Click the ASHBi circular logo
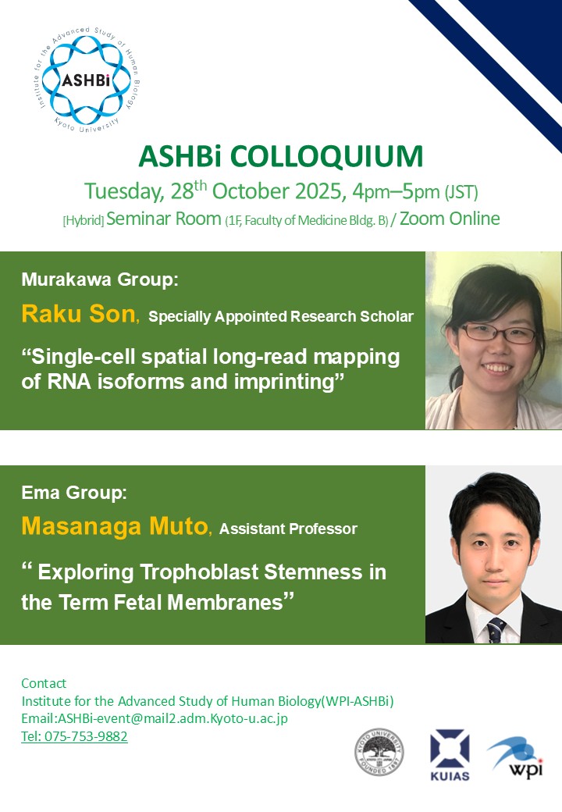coord(86,80)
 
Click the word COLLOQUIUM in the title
coord(326,157)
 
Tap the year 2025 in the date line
coord(318,191)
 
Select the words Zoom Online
coord(450,219)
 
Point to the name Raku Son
coord(78,314)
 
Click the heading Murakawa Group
coord(99,280)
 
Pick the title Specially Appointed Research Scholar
coord(281,316)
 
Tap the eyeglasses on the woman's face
coord(497,333)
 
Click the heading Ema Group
coord(74,493)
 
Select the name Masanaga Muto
coord(115,526)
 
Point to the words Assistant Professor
coord(288,529)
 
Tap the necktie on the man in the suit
coord(496,630)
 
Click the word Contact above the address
coord(44,684)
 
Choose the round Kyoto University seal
coord(379,752)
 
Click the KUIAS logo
coord(450,754)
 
